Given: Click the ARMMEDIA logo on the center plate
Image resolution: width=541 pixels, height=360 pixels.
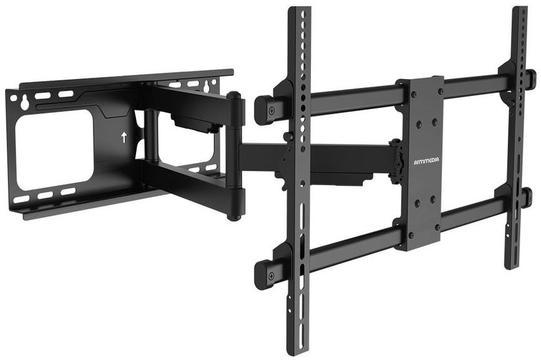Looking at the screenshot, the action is click(426, 161).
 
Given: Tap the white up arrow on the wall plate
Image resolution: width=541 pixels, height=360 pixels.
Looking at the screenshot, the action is click(124, 137).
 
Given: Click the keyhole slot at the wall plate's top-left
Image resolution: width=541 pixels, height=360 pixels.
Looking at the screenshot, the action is click(24, 103).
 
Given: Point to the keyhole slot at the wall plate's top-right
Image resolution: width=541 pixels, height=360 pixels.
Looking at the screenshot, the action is click(207, 87).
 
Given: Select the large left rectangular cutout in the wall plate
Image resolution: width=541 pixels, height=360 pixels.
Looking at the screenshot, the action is click(54, 149).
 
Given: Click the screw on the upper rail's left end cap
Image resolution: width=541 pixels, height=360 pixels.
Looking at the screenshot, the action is click(271, 110).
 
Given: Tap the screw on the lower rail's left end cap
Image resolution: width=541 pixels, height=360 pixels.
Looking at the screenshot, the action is click(271, 276).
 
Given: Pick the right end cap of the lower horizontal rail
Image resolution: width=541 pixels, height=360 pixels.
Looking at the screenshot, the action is click(527, 198).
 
